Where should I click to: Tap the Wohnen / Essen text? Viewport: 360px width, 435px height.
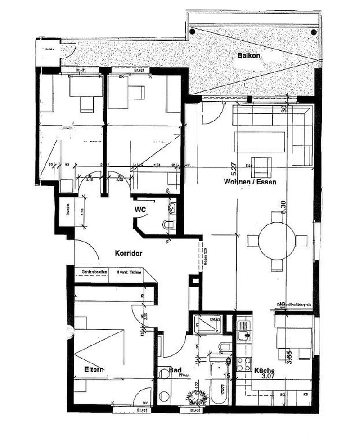pyautogui.click(x=249, y=182)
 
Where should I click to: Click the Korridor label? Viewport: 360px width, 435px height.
pyautogui.click(x=129, y=253)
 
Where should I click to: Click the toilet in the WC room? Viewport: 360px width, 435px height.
pyautogui.click(x=168, y=224)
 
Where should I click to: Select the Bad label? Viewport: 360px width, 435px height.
pyautogui.click(x=175, y=370)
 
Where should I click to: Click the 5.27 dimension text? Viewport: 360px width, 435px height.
pyautogui.click(x=234, y=168)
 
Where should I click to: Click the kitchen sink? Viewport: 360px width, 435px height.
pyautogui.click(x=245, y=335)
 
